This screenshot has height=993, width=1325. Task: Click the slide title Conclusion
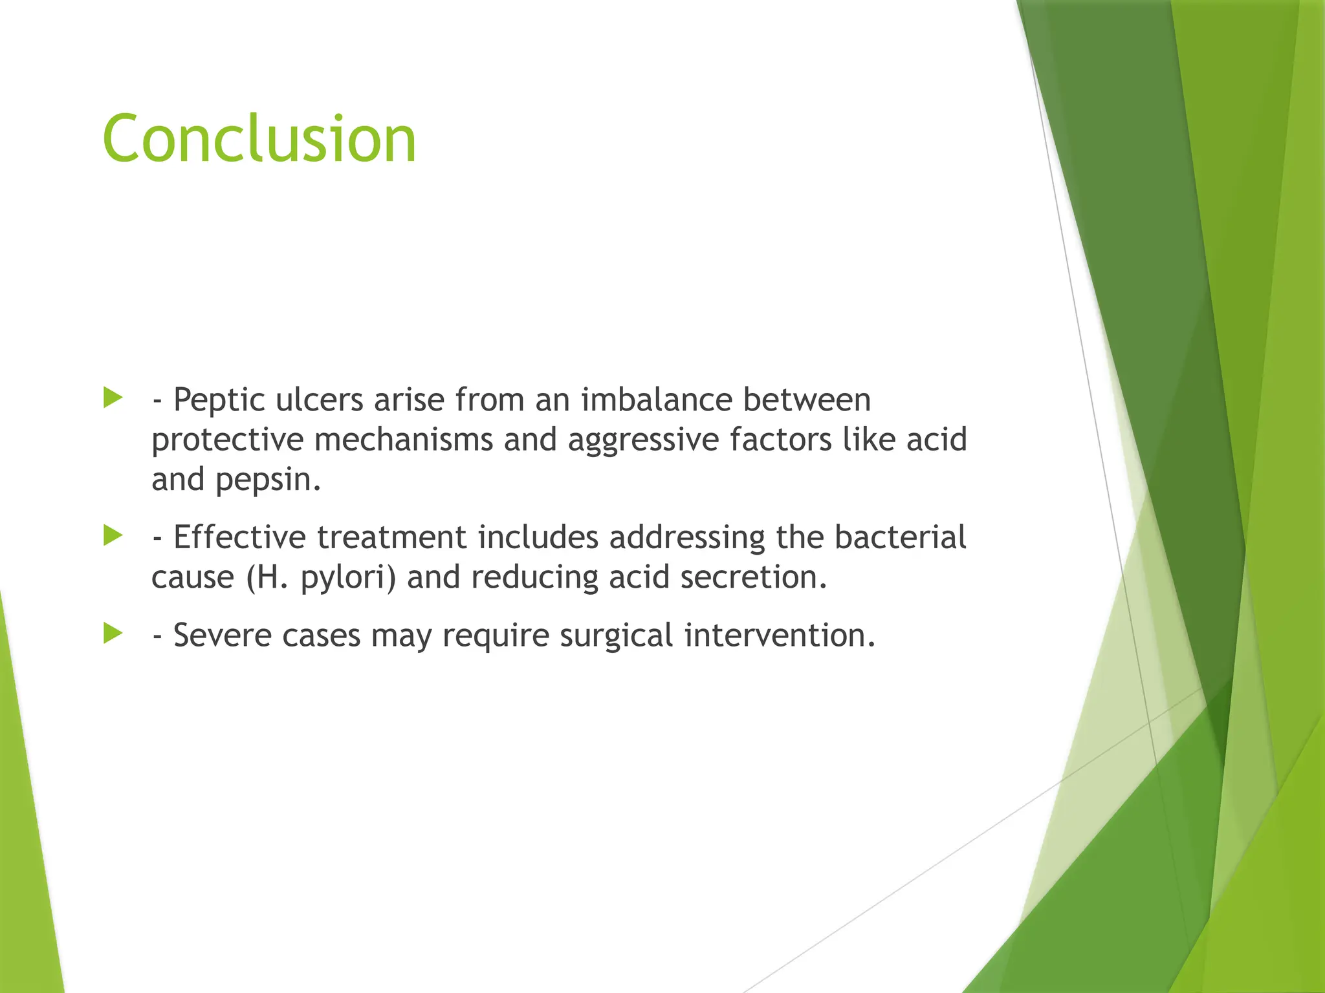click(259, 139)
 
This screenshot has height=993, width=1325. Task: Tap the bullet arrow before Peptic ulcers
click(113, 398)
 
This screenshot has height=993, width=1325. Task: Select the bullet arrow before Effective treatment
click(113, 535)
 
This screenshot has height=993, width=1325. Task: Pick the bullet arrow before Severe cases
click(113, 634)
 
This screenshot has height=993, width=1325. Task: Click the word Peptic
click(219, 400)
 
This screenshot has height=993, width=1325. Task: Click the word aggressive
click(644, 440)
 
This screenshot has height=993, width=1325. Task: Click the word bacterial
click(900, 537)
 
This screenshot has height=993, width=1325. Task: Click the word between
click(807, 400)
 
